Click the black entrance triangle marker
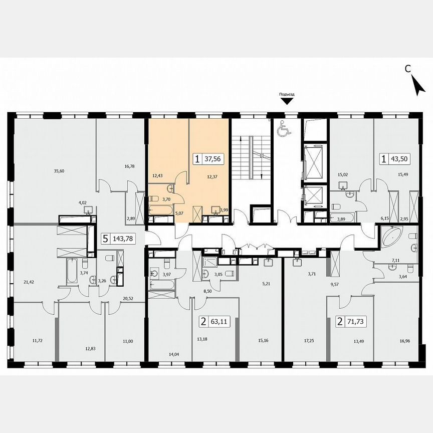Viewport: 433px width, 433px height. [x=287, y=102]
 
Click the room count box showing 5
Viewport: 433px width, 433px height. [x=105, y=239]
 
